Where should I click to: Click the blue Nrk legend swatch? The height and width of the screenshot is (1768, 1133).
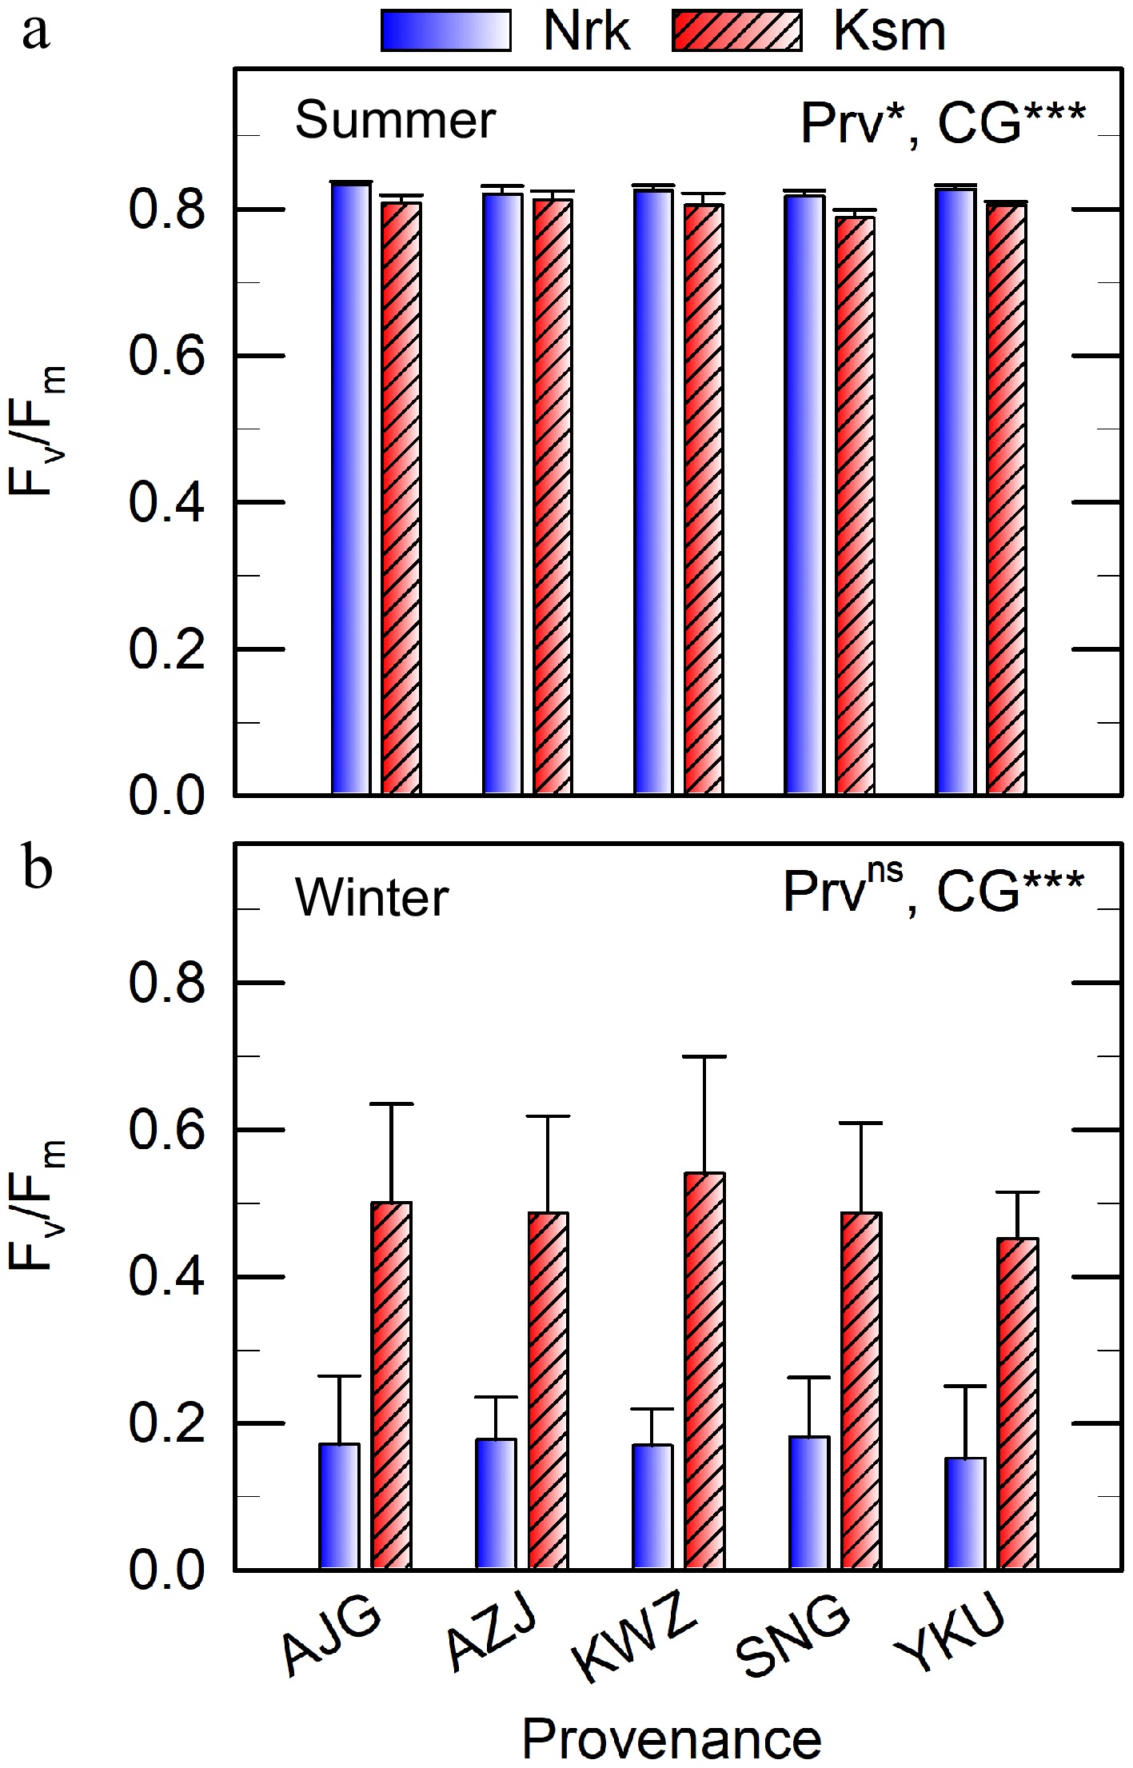446,32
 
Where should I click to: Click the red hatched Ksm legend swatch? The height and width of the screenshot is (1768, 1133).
736,32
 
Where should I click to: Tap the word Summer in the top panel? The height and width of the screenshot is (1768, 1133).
395,121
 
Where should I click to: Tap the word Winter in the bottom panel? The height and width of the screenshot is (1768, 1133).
372,897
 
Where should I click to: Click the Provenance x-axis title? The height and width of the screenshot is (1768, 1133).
672,1739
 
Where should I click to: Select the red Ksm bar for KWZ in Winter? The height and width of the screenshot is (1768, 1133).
704,1371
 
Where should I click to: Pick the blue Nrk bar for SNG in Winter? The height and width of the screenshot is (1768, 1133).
809,1503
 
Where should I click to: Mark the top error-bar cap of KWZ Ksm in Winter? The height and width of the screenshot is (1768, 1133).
704,1056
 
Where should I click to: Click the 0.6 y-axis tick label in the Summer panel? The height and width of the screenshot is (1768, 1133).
166,356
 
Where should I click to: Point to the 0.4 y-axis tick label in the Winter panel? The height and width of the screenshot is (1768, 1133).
166,1277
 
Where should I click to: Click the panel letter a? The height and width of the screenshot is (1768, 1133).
36,34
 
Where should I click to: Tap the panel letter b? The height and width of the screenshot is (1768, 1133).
37,867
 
